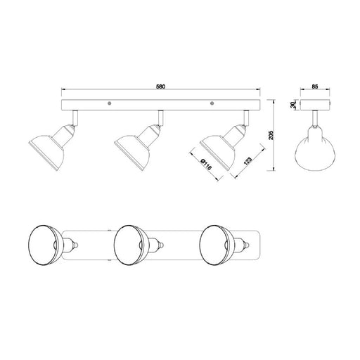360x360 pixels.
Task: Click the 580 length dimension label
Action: pyautogui.click(x=161, y=86)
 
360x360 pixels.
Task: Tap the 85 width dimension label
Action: pyautogui.click(x=315, y=86)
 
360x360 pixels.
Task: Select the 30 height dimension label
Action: pyautogui.click(x=292, y=105)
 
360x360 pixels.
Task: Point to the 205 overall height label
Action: pyautogui.click(x=271, y=135)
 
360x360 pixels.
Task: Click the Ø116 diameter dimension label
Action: pyautogui.click(x=207, y=165)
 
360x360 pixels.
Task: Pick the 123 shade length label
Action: pyautogui.click(x=247, y=161)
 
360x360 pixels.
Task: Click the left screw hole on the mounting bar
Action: pyautogui.click(x=109, y=103)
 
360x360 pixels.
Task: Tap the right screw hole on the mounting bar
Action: pyautogui.click(x=212, y=103)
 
